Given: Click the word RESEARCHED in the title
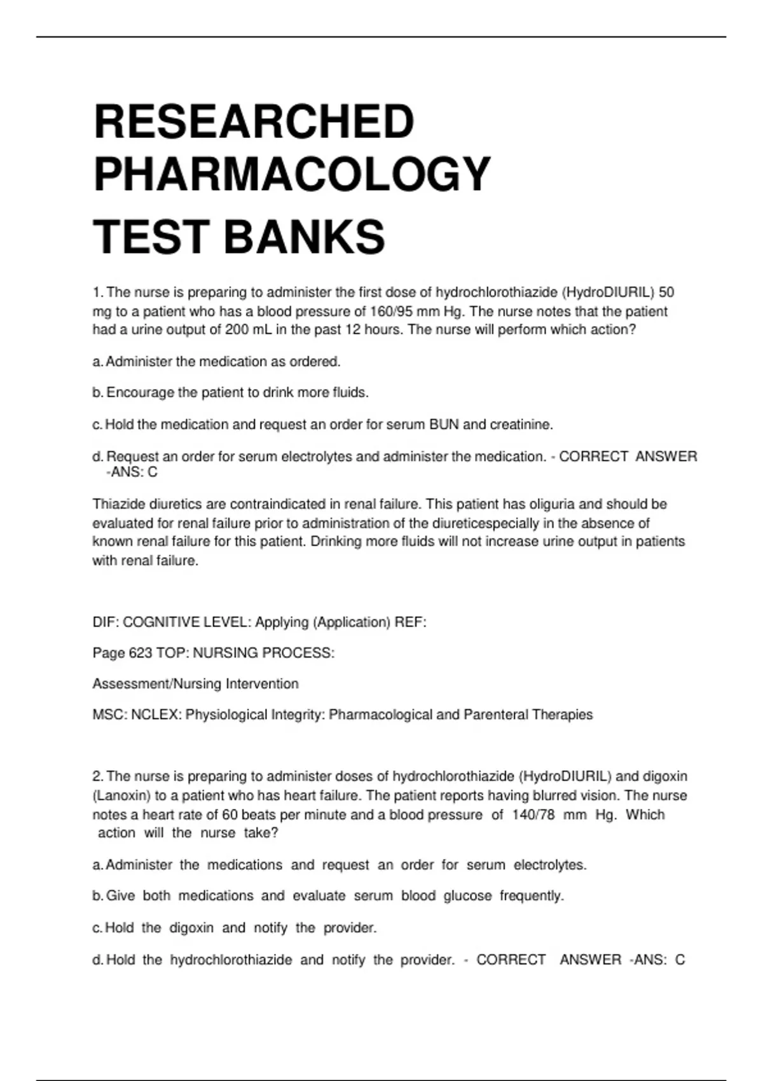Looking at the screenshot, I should pos(254,121).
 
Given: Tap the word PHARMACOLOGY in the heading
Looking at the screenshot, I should pos(292,174).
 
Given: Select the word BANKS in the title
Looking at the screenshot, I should pos(304,237).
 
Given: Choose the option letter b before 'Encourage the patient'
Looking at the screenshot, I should pos(97,393).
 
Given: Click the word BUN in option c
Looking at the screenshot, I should pos(444,425).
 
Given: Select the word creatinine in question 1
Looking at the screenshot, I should pos(521,425).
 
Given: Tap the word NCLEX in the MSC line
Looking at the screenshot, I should pos(156,715).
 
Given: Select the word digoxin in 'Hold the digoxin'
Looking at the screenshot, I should pos(191,928).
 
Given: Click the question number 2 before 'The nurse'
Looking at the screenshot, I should pos(97,776).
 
